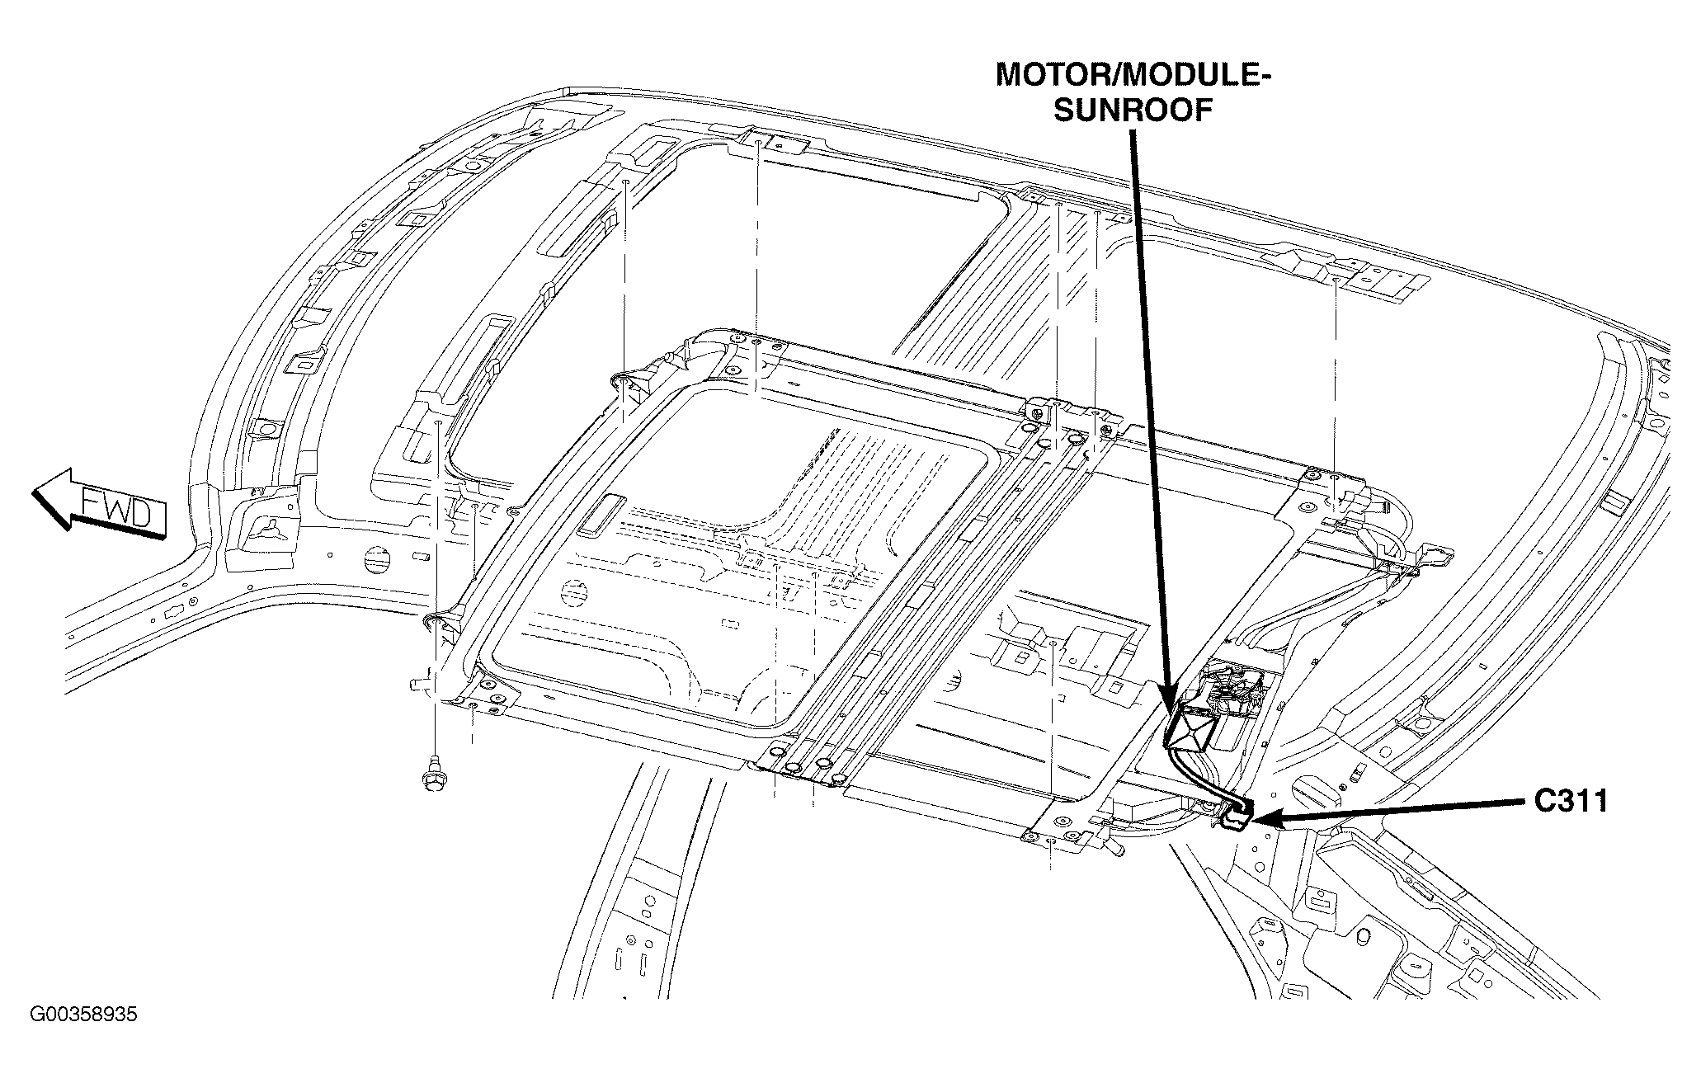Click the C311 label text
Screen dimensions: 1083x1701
point(1571,801)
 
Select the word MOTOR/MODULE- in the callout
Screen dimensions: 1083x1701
point(1133,75)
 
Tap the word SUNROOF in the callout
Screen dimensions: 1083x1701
point(1133,110)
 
